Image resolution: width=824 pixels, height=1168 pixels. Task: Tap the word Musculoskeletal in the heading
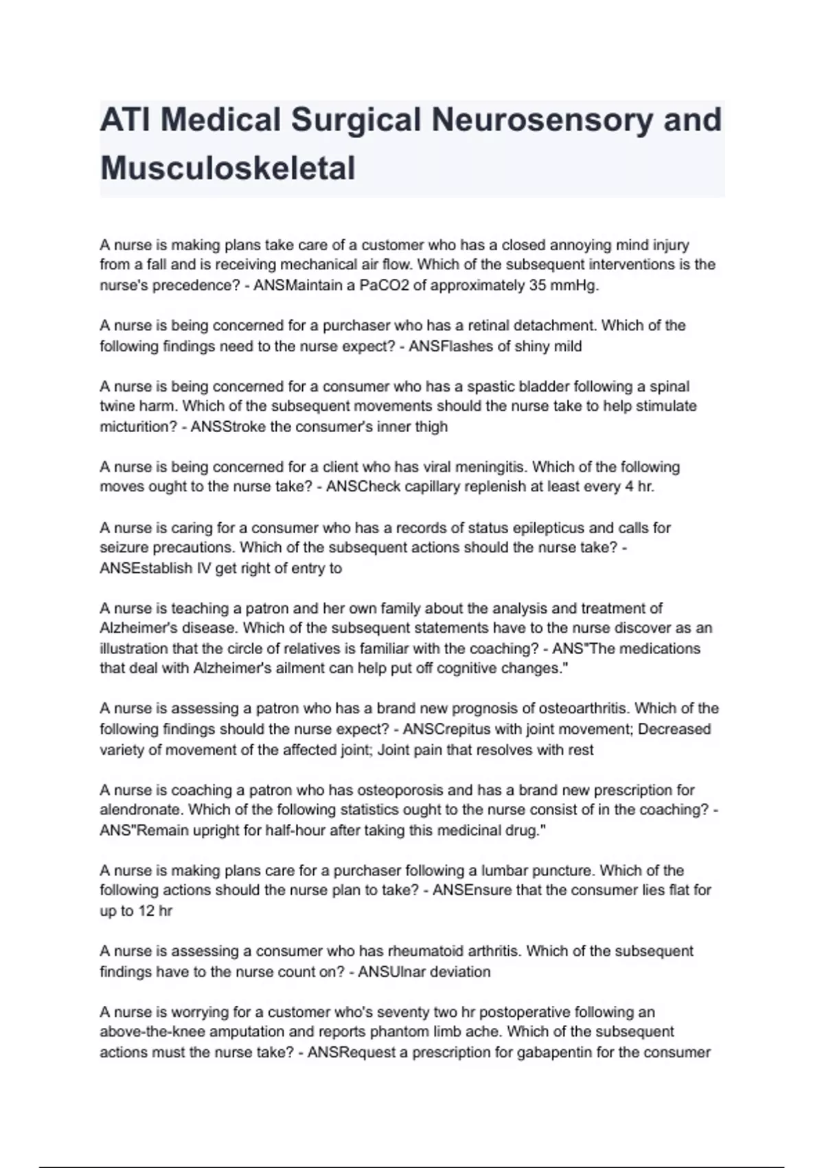(228, 168)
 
